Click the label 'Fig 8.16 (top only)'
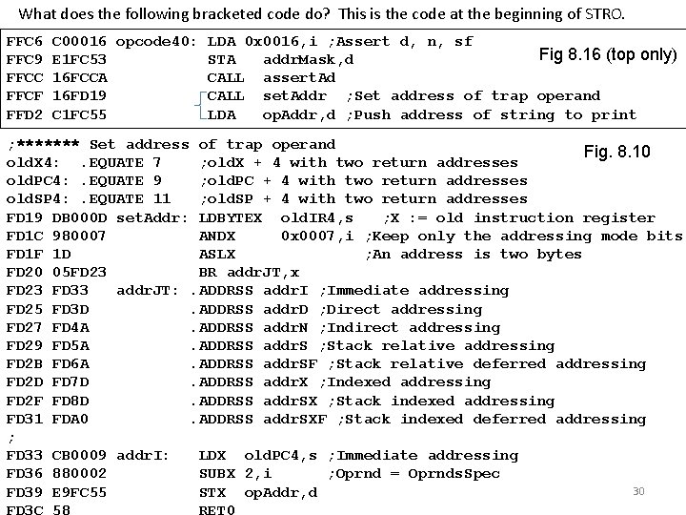tap(607, 54)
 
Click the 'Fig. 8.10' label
tap(615, 152)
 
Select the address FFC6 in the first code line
tap(24, 42)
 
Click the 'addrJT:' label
tap(148, 290)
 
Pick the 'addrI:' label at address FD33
tap(143, 456)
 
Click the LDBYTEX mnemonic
tap(231, 217)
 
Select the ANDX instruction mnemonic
tap(217, 236)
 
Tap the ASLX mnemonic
tap(217, 254)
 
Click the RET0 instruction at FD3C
tap(217, 510)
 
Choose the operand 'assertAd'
tap(299, 78)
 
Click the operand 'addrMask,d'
tap(309, 60)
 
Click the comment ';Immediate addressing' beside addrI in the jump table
tap(401, 290)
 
